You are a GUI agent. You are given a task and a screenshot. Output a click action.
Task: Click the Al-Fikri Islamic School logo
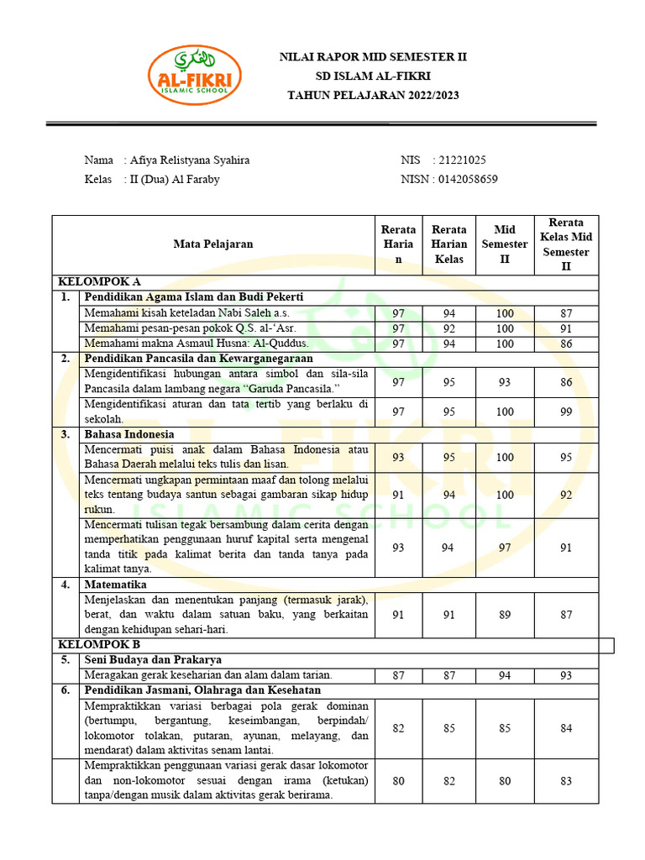[195, 75]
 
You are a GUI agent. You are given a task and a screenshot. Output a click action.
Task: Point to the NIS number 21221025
[459, 160]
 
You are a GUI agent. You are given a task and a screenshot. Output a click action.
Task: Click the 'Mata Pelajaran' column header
[213, 244]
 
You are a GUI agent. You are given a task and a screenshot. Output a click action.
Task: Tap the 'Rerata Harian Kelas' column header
[449, 244]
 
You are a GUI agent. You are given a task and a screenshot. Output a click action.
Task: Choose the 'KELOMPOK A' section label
[98, 282]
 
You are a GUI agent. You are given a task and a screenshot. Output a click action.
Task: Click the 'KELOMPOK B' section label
[98, 644]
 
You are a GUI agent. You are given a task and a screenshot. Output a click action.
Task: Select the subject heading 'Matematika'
[115, 584]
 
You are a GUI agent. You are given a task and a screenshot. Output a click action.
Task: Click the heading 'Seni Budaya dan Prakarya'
[152, 659]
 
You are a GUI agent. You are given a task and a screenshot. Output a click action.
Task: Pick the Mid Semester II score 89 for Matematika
[505, 615]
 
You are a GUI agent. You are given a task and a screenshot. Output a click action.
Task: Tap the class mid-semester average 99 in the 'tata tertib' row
[566, 412]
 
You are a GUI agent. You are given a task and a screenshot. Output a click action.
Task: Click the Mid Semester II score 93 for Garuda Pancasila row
[505, 382]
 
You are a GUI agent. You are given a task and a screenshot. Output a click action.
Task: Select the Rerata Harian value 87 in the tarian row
[399, 675]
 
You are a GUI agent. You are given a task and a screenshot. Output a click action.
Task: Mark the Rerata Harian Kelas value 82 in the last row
[449, 781]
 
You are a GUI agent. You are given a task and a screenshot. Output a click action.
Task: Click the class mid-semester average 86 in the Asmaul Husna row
[566, 343]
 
